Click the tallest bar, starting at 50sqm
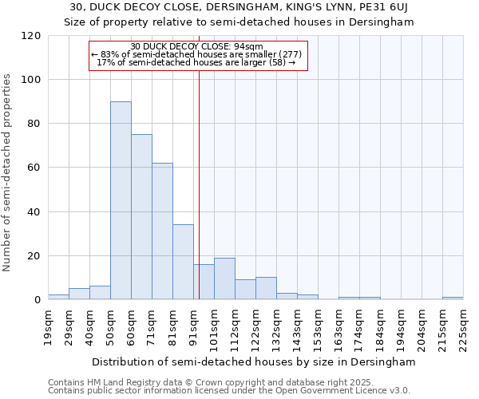pyautogui.click(x=121, y=200)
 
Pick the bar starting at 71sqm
pyautogui.click(x=162, y=231)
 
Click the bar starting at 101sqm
pyautogui.click(x=224, y=279)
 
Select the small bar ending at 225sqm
pyautogui.click(x=453, y=298)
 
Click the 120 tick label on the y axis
pyautogui.click(x=31, y=36)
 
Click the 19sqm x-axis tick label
pyautogui.click(x=48, y=326)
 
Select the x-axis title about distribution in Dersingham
pyautogui.click(x=254, y=361)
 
